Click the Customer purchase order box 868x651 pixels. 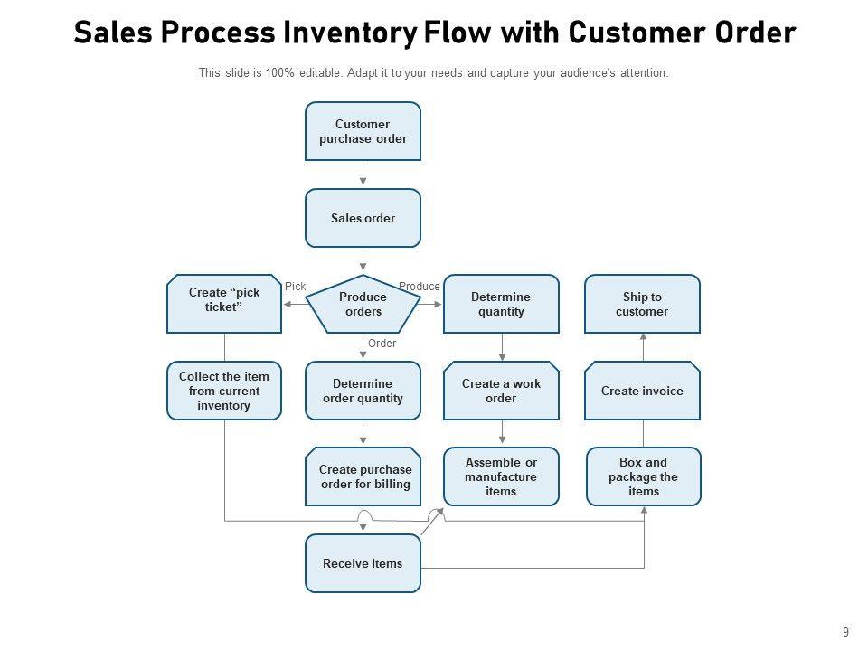[363, 131]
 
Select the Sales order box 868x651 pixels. [363, 218]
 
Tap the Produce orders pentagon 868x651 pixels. [363, 304]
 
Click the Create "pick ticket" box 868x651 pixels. [224, 304]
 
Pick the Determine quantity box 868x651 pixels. [501, 304]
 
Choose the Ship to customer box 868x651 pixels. [642, 304]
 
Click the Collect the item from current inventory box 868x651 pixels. [224, 391]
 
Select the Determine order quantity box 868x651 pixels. [363, 391]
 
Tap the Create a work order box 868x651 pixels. [501, 391]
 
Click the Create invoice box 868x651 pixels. [642, 391]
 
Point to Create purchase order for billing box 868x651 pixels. [363, 476]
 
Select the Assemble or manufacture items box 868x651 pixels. [501, 476]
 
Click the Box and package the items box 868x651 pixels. [644, 476]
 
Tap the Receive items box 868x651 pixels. [363, 563]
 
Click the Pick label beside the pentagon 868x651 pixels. [296, 287]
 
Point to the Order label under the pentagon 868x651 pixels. [382, 344]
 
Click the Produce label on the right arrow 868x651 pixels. [420, 287]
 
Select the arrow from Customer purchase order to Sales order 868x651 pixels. [363, 175]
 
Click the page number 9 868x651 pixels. [844, 632]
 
